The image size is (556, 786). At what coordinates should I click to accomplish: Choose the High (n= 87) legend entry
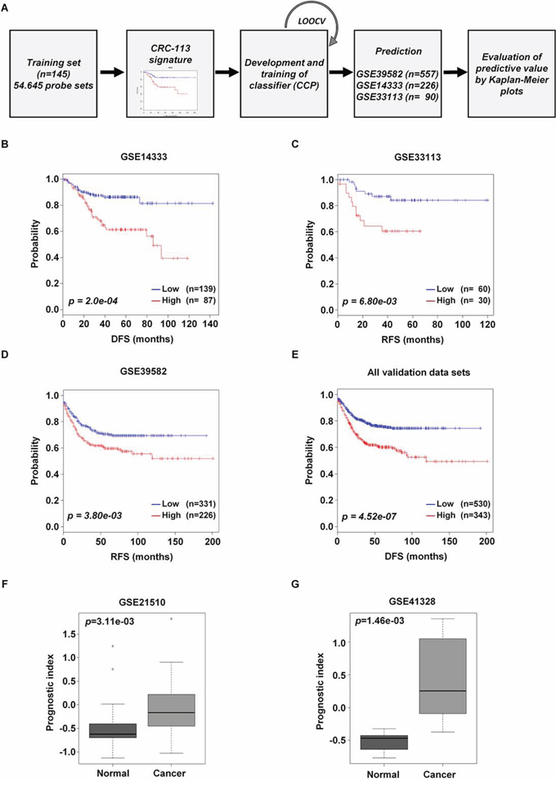(x=198, y=301)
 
